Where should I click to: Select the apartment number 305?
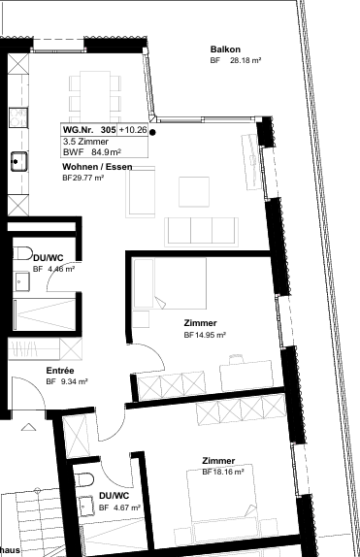107,129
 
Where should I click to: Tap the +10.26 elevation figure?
133,129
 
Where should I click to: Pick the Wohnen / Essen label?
96,167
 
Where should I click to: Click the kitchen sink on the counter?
18,160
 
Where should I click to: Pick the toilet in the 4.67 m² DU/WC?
85,482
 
